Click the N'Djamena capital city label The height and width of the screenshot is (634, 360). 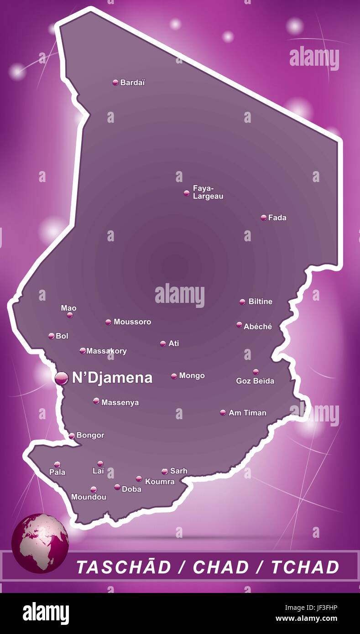pos(112,378)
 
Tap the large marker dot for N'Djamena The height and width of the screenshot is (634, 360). pos(61,378)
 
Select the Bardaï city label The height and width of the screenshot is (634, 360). pos(132,83)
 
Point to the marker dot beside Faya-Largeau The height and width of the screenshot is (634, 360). pos(186,193)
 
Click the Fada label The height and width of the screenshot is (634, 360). pos(277,218)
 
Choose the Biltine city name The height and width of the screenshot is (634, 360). pos(260,301)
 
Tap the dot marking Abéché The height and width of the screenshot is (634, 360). pos(239,325)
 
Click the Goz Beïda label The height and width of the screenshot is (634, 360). pos(255,380)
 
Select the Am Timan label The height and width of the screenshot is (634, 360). pos(247,413)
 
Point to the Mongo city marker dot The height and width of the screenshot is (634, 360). pos(174,376)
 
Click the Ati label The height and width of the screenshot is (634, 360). pos(173,343)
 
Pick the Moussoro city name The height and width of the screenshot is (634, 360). pos(132,322)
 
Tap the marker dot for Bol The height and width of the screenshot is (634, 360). pos(52,336)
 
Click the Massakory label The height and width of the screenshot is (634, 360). pos(106,351)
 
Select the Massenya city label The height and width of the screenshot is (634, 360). pos(120,402)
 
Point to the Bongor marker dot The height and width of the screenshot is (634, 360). pos(72,436)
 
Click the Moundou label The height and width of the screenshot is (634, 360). pos(89,497)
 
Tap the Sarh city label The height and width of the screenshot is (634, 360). pos(178,471)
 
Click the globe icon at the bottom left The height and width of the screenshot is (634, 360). pos(40,542)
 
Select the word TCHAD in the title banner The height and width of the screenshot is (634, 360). pos(305,567)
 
